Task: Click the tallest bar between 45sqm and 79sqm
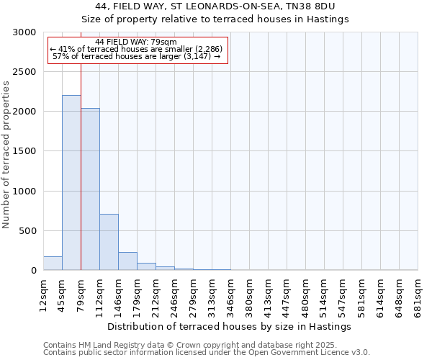[71, 183]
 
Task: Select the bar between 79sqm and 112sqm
[90, 189]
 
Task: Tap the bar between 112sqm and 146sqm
[109, 242]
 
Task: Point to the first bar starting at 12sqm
[53, 263]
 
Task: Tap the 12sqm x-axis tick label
[44, 294]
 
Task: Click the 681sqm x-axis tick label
[418, 294]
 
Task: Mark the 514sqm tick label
[325, 294]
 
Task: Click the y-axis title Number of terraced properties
[6, 155]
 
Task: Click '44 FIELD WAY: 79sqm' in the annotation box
[135, 42]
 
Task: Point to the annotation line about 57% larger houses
[137, 56]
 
